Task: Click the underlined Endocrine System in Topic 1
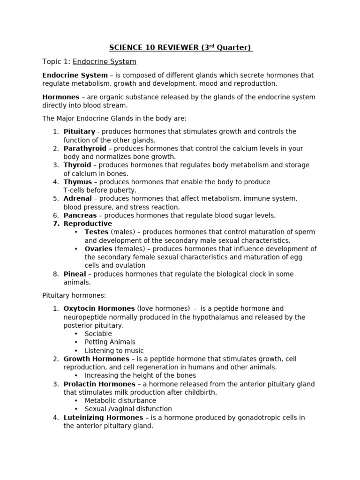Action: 105,62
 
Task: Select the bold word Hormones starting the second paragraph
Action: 61,97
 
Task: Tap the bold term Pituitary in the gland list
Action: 79,132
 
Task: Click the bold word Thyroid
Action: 77,165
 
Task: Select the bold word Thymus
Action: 78,182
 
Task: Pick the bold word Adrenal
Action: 78,199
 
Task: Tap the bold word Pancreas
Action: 80,216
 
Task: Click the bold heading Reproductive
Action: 88,224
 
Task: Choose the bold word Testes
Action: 97,232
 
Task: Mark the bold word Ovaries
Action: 98,249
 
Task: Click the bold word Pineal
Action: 75,274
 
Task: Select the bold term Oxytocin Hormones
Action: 99,308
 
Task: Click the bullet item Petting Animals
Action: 110,342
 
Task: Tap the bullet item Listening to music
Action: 114,351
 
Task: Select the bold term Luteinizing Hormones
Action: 103,418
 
